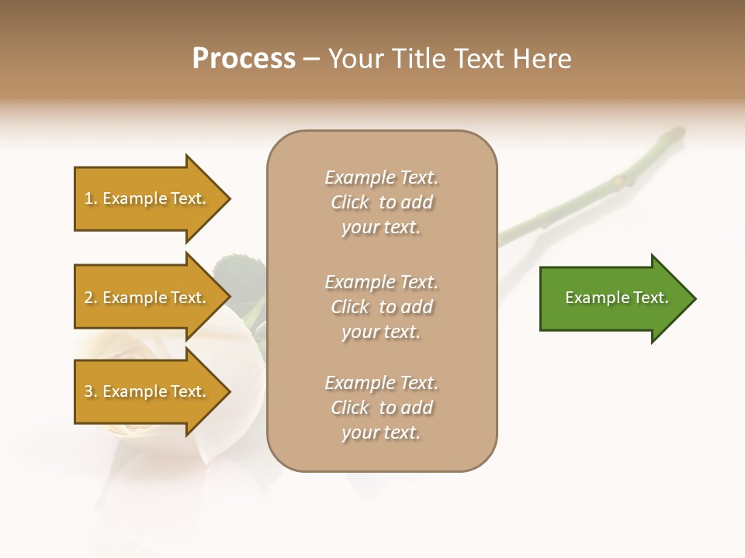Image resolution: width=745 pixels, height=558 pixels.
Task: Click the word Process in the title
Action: (244, 59)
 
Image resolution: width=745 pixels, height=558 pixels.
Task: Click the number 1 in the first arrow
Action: (88, 199)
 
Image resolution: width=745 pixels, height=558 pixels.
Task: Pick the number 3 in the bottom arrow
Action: (88, 392)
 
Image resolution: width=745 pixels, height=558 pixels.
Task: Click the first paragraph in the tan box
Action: (381, 202)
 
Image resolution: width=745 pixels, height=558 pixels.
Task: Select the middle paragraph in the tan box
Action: (381, 307)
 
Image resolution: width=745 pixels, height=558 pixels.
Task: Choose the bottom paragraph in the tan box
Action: (381, 408)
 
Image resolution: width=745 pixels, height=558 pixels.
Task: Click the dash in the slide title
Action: (312, 60)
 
